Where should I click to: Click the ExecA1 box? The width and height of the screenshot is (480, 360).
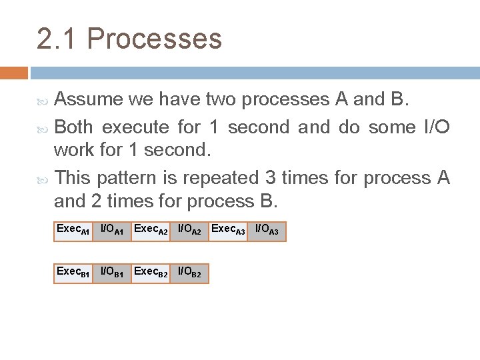pos(73,231)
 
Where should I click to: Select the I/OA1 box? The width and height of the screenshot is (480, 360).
pos(112,231)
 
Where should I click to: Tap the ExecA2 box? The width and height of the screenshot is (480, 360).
pos(151,231)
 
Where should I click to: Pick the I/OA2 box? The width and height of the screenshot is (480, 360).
pos(189,231)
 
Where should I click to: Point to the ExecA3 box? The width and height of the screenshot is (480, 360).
pos(228,231)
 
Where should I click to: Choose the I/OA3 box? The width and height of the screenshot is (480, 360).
pos(267,231)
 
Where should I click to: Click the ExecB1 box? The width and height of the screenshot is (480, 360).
pos(73,273)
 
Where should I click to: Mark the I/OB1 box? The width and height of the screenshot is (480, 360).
pos(112,273)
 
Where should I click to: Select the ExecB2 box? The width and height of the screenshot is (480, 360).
pos(151,273)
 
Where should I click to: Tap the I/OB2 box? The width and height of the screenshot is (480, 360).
pos(189,273)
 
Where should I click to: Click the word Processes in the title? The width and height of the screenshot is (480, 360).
pos(154,39)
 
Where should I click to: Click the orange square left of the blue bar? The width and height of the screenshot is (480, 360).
pos(14,72)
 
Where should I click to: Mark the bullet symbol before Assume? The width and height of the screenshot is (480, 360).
pos(44,101)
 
